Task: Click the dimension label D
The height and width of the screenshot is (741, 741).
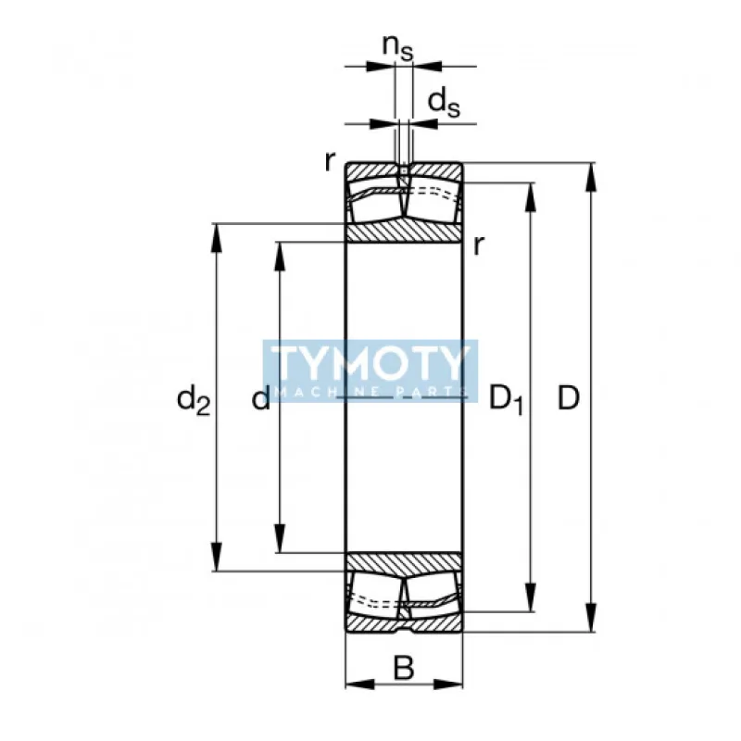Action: tap(569, 398)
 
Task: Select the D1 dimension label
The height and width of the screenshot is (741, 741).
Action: tap(507, 399)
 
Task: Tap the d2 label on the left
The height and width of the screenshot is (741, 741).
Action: tap(194, 400)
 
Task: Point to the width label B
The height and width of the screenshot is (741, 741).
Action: tap(404, 668)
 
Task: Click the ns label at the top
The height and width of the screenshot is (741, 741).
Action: tap(398, 47)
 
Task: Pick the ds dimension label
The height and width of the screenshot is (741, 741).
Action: tap(444, 103)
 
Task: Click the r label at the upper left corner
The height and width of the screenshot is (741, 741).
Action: tap(330, 161)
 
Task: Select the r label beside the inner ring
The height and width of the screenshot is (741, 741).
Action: tap(479, 245)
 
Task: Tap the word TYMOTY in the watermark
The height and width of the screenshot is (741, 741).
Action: tap(370, 363)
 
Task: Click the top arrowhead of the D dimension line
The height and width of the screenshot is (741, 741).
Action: tap(590, 177)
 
